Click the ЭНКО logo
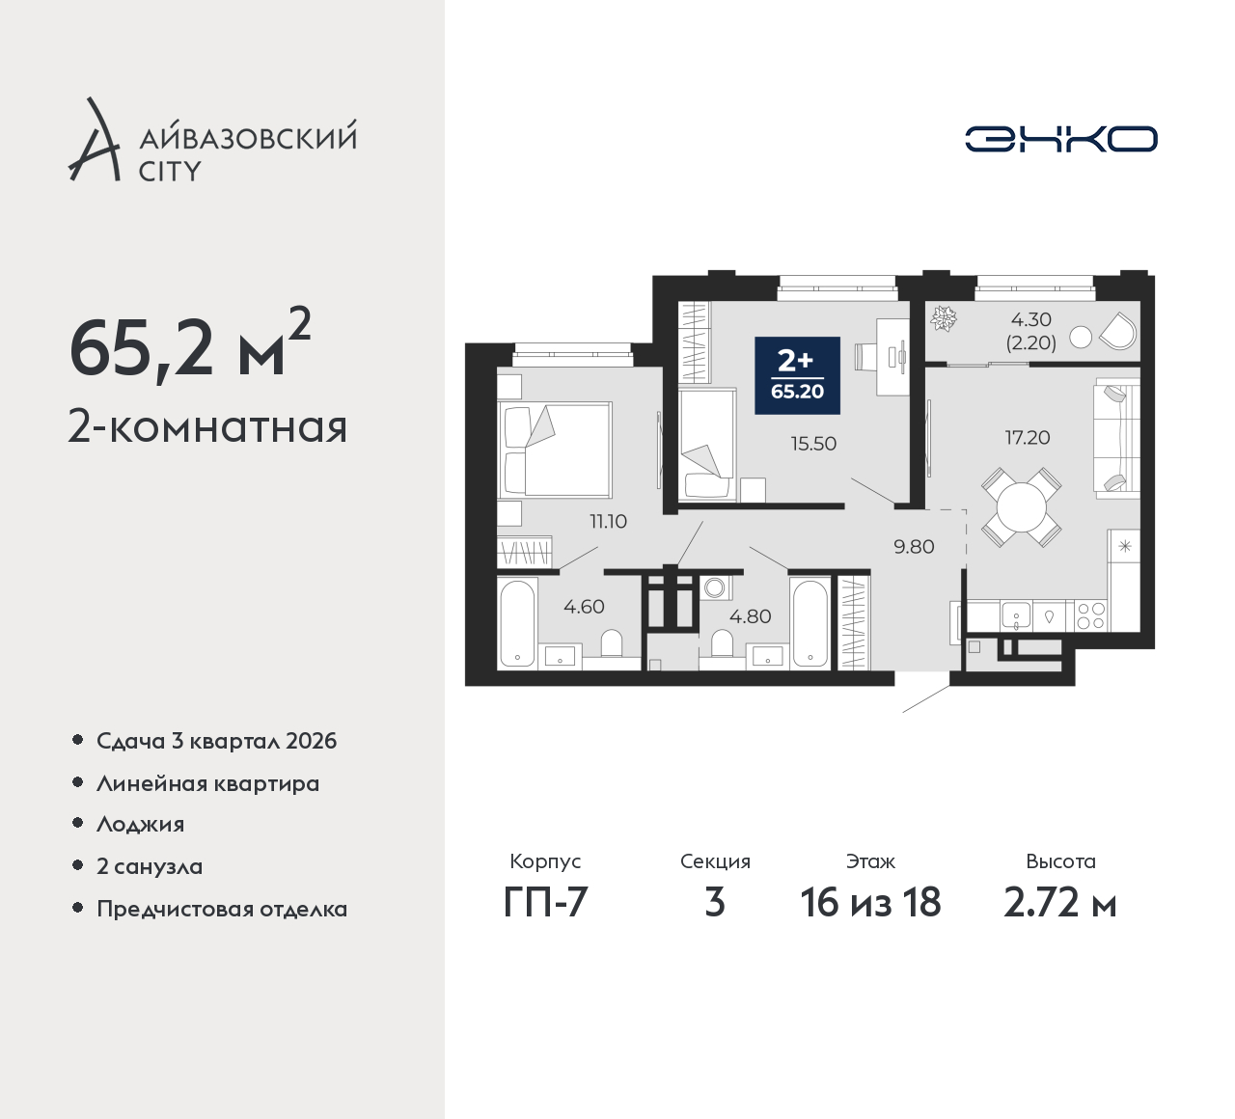tap(1060, 139)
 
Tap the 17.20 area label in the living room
tap(1027, 438)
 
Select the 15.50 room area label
tap(813, 444)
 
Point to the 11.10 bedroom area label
tap(608, 521)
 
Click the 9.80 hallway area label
tap(914, 547)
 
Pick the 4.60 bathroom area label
tap(584, 607)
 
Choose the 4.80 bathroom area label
tap(750, 616)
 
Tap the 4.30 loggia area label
tap(1031, 319)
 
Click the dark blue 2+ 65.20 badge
tap(797, 375)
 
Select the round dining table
tap(1022, 507)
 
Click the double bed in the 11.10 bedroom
tap(555, 450)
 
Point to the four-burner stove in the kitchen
tap(1090, 616)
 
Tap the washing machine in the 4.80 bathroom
tap(715, 587)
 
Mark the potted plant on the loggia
tap(944, 319)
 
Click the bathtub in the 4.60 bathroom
tap(517, 623)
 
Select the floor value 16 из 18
tap(870, 902)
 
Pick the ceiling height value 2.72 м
tap(1060, 902)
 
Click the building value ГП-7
tap(545, 902)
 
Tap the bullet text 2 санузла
tap(150, 866)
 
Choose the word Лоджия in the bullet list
tap(140, 824)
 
